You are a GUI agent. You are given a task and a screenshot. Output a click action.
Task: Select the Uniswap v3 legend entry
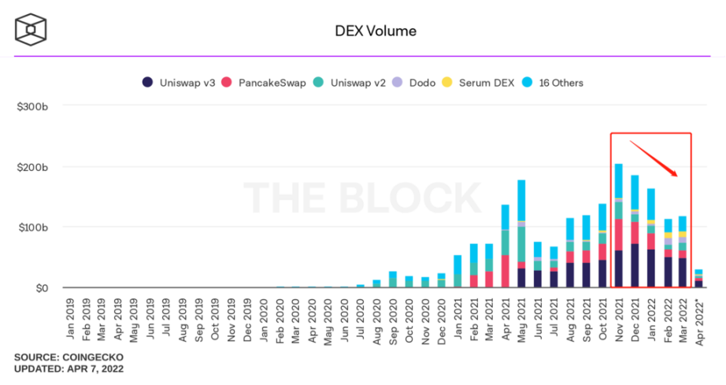point(179,83)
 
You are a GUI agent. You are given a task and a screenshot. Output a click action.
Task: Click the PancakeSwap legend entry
point(264,83)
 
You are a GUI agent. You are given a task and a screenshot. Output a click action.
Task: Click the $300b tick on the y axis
point(33,106)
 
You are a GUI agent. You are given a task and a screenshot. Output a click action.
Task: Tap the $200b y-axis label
point(33,167)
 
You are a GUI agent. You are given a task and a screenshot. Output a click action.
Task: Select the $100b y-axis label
point(33,228)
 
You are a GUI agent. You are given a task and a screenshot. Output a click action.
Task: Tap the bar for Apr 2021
point(505,246)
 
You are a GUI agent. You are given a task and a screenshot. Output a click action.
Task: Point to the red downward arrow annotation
point(653,157)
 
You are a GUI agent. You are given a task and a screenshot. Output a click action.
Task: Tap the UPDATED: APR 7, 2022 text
point(69,369)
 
